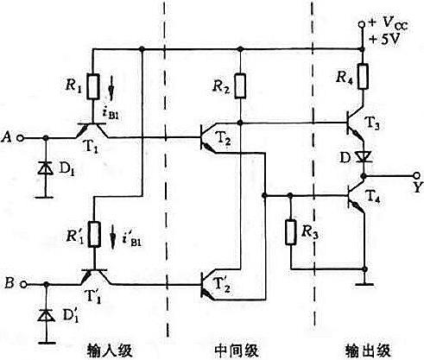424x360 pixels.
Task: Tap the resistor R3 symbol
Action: pos(289,232)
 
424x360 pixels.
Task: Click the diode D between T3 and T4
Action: pos(362,158)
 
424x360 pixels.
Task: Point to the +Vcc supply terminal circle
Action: pos(362,26)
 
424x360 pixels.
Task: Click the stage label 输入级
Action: pos(108,350)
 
